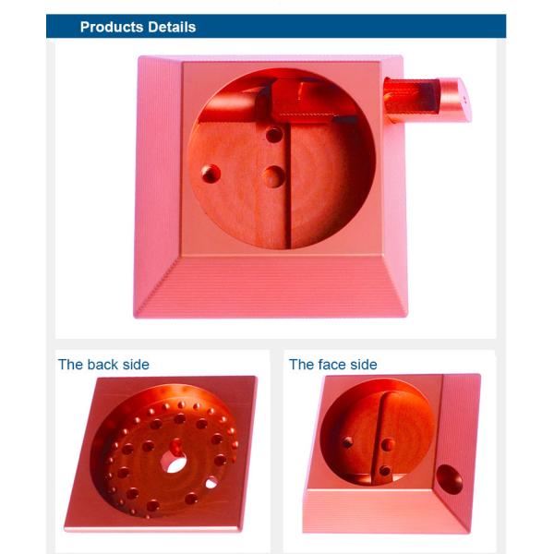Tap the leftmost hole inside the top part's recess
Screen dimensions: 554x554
click(211, 173)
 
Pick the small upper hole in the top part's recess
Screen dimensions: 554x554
click(274, 135)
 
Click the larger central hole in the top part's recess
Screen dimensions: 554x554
click(273, 175)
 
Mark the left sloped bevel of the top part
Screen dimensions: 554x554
click(159, 185)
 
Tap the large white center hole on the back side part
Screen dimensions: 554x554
click(175, 462)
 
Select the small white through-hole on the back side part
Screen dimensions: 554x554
click(211, 482)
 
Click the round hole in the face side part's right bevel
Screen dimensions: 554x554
click(450, 478)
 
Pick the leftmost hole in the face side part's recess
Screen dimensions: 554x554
click(347, 442)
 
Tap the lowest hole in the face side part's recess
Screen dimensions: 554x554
click(385, 471)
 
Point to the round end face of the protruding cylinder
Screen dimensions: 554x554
click(458, 100)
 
